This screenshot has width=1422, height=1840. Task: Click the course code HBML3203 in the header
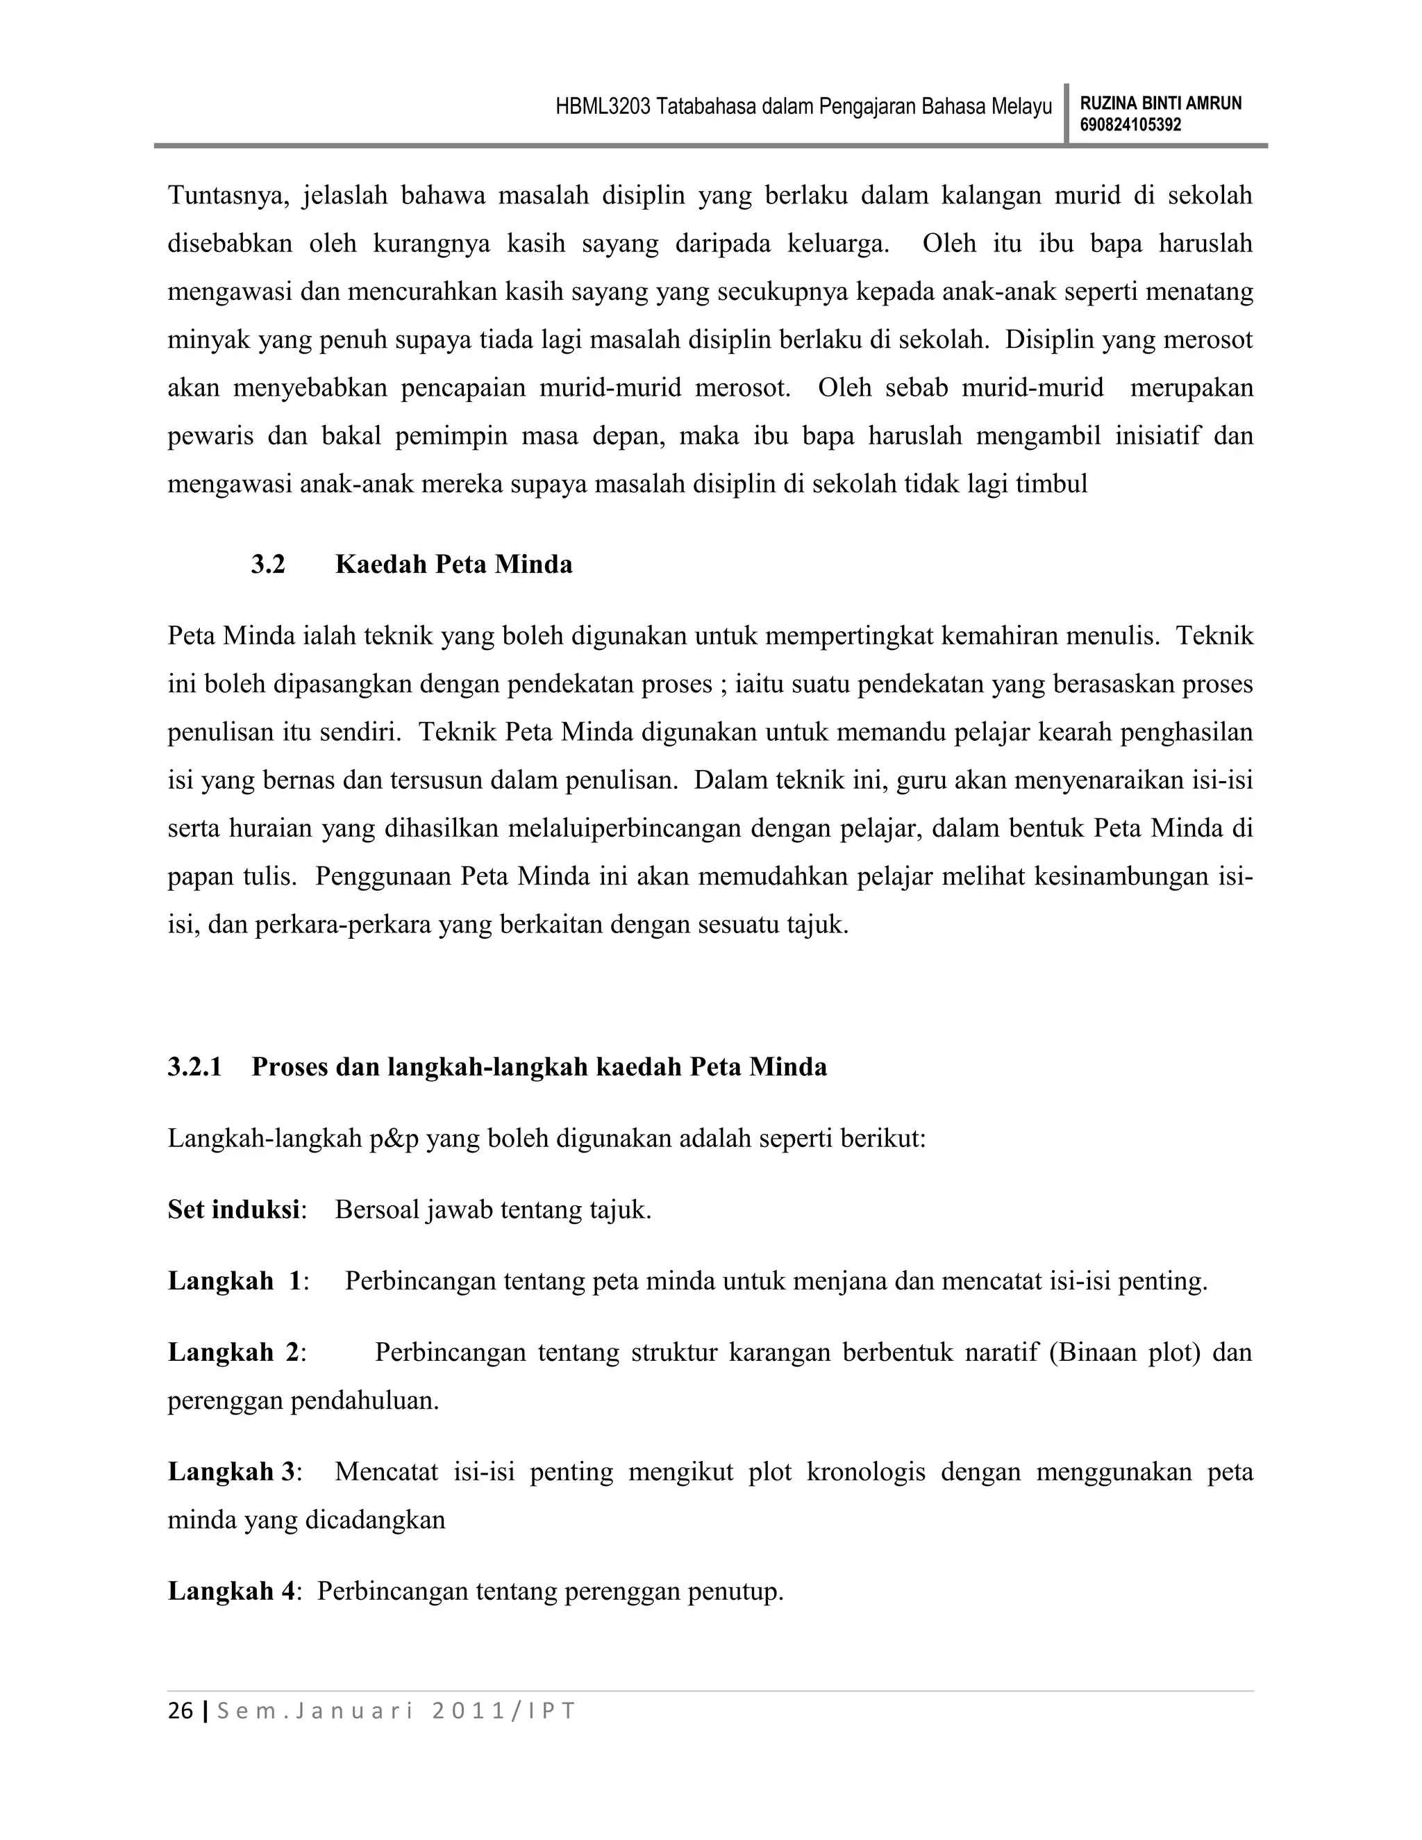coord(602,107)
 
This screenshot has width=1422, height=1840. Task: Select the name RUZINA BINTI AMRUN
coord(1160,103)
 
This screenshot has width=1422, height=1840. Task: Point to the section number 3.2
coord(268,564)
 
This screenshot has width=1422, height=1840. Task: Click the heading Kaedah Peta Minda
coord(453,564)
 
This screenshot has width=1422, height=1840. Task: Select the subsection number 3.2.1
coord(194,1067)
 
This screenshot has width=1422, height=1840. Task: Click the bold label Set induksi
coord(233,1210)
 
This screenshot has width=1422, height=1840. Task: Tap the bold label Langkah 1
coord(234,1282)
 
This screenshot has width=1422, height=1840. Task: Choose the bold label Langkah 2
coord(233,1353)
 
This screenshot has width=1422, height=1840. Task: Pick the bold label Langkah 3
coord(232,1472)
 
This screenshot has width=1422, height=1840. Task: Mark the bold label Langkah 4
coord(232,1591)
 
